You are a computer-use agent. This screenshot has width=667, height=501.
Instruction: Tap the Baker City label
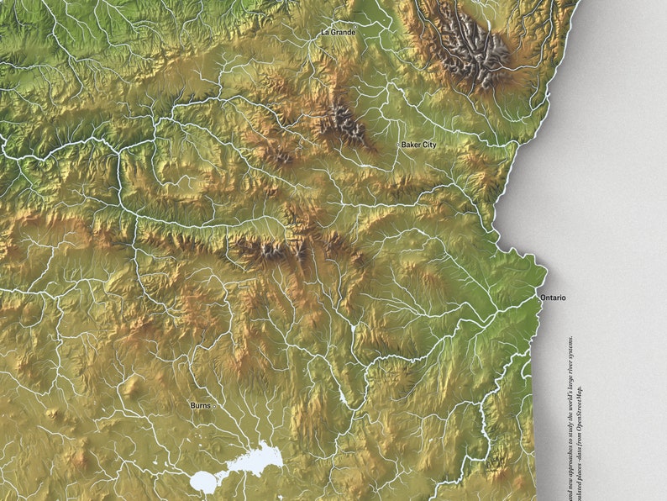tap(418, 145)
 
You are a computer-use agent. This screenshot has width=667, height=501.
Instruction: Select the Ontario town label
tap(554, 298)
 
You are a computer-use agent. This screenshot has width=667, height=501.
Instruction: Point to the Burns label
tap(199, 405)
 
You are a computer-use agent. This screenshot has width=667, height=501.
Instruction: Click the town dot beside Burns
tap(214, 406)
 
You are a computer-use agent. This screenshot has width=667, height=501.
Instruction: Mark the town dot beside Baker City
tap(398, 145)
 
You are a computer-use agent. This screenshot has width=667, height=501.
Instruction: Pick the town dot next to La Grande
tap(319, 33)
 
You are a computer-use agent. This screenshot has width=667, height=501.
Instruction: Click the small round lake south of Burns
tap(203, 482)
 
